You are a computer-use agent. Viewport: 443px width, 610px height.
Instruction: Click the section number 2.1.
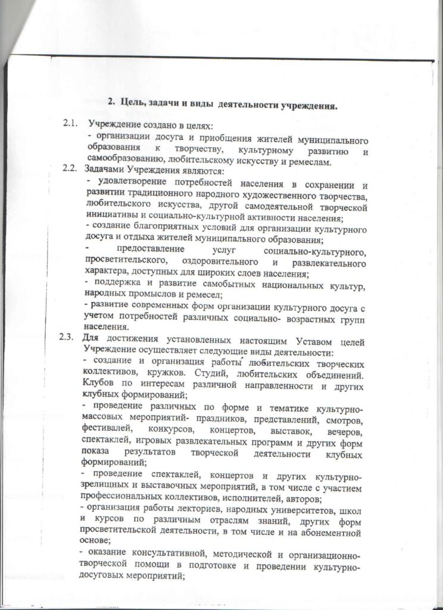point(70,124)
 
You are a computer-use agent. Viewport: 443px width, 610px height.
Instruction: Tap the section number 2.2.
point(70,169)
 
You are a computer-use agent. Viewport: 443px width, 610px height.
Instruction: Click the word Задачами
point(106,169)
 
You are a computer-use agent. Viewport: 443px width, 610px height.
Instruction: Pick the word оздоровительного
point(214,263)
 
